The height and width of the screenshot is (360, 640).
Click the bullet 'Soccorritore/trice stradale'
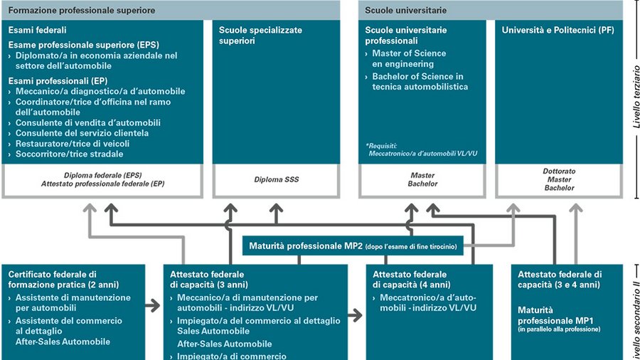pyautogui.click(x=69, y=154)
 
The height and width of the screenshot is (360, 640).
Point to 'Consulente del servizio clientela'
pyautogui.click(x=82, y=133)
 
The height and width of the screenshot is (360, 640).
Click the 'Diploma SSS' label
pyautogui.click(x=277, y=180)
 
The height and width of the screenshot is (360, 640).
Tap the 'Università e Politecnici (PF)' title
pyautogui.click(x=558, y=31)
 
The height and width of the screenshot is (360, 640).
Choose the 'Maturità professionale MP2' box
pyautogui.click(x=353, y=246)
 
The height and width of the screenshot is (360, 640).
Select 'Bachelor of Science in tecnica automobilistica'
pyautogui.click(x=417, y=82)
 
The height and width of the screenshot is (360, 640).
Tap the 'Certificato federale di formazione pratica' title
pyautogui.click(x=53, y=279)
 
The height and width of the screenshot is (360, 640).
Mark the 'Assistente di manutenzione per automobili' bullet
pyautogui.click(x=73, y=303)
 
